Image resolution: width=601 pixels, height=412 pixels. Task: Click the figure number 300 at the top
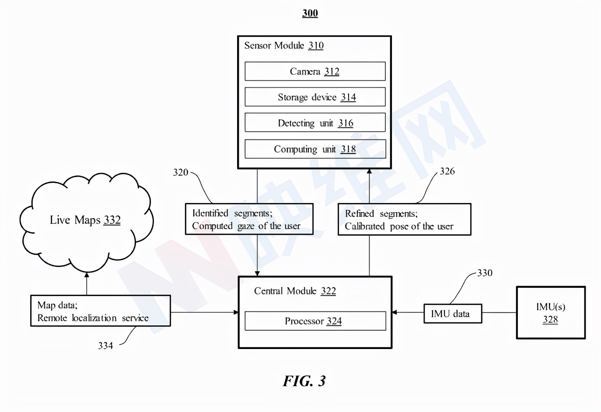pyautogui.click(x=310, y=13)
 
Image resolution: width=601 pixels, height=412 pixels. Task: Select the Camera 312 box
pyautogui.click(x=315, y=71)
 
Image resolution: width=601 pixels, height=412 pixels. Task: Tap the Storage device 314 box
pyautogui.click(x=315, y=97)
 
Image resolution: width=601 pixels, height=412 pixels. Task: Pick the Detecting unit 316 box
pyautogui.click(x=315, y=123)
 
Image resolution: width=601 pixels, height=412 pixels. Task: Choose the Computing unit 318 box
pyautogui.click(x=315, y=149)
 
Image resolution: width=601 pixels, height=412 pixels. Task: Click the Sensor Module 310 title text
pyautogui.click(x=283, y=45)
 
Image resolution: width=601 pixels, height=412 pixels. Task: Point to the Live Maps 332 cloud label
pyautogui.click(x=85, y=220)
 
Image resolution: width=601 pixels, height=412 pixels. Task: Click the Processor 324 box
pyautogui.click(x=315, y=321)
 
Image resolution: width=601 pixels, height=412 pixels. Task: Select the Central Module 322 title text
pyautogui.click(x=295, y=291)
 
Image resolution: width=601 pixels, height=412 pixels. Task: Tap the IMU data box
pyautogui.click(x=453, y=314)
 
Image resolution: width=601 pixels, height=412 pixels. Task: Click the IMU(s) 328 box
pyautogui.click(x=551, y=313)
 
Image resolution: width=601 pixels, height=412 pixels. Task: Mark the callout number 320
pyautogui.click(x=180, y=172)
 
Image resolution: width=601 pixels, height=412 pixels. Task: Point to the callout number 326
pyautogui.click(x=447, y=171)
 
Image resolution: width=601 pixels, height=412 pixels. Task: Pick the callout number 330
pyautogui.click(x=485, y=273)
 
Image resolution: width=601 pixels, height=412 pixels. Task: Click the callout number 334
pyautogui.click(x=105, y=346)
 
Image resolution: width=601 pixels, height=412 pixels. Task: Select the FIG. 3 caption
pyautogui.click(x=304, y=381)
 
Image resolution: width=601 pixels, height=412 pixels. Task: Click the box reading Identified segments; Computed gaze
pyautogui.click(x=249, y=219)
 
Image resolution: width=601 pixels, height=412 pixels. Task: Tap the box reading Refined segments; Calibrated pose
pyautogui.click(x=404, y=220)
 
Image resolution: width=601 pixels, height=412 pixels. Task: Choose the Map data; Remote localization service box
pyautogui.click(x=100, y=311)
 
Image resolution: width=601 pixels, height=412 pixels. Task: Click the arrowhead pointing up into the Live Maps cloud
pyautogui.click(x=87, y=275)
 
